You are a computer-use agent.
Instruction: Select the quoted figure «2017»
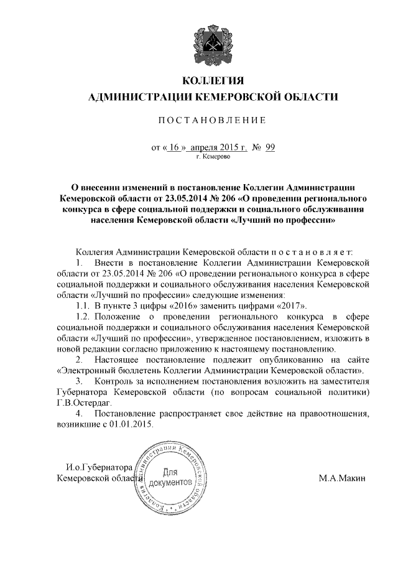point(292,305)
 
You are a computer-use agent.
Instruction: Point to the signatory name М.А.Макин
point(342,478)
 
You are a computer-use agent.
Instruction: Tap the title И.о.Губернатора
point(100,467)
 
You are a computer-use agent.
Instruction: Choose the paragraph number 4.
point(78,414)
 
